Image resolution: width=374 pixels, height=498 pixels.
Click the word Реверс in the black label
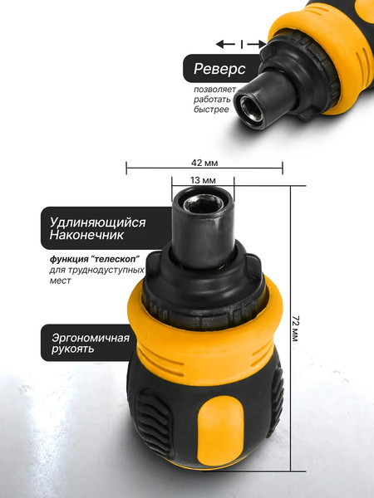pos(220,69)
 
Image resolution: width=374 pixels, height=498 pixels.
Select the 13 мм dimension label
pos(203,180)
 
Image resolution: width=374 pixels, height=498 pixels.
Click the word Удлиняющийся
pos(97,222)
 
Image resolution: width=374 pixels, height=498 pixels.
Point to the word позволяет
pos(216,88)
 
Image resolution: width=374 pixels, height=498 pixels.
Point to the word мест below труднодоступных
pos(60,281)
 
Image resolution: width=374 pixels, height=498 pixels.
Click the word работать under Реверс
pos(213,99)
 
